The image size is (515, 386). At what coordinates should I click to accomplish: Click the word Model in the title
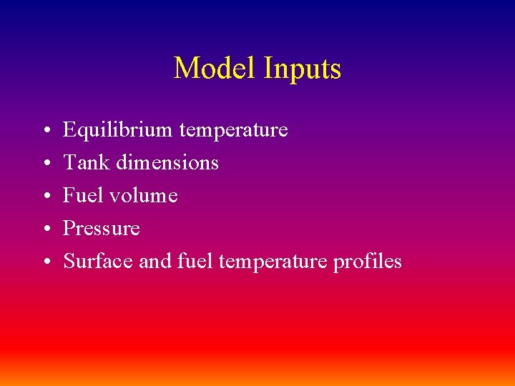(x=215, y=69)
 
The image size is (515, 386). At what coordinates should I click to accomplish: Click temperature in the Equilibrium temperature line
(x=233, y=131)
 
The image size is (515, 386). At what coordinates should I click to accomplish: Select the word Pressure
(x=102, y=229)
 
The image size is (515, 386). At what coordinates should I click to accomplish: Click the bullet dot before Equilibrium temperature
(x=45, y=132)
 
